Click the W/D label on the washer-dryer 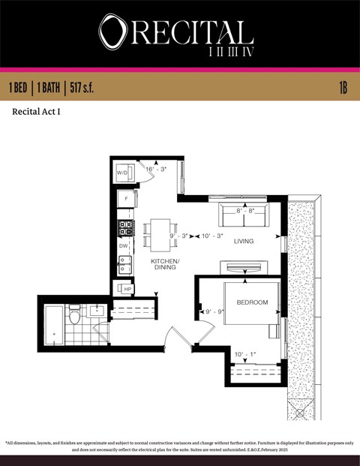[122, 173]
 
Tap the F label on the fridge [125, 199]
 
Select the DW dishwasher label [124, 245]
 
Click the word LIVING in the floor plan [244, 242]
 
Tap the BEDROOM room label [252, 302]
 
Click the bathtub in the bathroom [55, 324]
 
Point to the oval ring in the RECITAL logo [112, 33]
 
